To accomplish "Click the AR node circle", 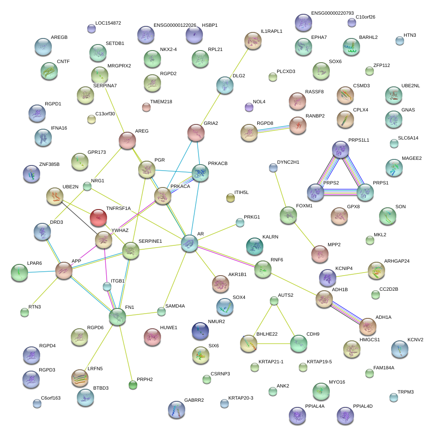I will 190,243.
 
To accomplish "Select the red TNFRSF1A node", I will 98,217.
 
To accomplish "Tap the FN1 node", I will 117,317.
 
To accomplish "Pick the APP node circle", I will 64,270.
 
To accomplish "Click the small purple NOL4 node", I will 249,106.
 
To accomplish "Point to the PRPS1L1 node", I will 341,149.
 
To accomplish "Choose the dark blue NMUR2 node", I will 200,331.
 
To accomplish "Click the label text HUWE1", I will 169,328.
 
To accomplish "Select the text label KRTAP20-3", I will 241,398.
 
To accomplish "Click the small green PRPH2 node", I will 133,384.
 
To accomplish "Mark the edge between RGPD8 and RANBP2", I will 273,129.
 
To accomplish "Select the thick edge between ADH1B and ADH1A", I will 346,312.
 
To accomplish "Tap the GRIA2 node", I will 196,133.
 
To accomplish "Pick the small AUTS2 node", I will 274,300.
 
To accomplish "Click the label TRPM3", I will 406,392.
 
